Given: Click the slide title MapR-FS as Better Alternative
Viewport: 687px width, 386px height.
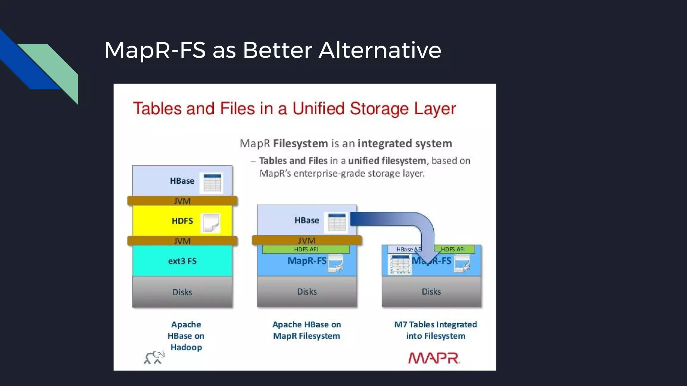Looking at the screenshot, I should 273,50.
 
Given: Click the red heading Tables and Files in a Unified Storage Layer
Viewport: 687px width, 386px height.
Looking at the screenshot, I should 294,109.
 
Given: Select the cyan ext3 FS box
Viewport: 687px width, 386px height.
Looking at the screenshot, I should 182,261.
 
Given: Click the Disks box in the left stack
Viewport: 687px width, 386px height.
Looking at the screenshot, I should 182,292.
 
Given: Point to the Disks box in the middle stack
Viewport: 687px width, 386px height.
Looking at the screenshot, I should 307,292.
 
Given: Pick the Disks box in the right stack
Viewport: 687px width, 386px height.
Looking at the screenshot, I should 431,292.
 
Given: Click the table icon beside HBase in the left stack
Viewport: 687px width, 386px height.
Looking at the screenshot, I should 212,183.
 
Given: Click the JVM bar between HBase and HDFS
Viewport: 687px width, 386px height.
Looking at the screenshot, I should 182,201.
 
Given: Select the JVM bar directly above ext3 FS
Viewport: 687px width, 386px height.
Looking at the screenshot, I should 182,241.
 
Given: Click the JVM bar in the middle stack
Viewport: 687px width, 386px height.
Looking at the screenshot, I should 307,240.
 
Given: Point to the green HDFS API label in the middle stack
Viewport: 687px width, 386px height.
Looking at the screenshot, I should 306,249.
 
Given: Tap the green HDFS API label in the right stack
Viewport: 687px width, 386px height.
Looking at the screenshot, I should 454,249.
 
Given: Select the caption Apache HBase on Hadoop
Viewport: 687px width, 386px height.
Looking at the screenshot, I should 186,336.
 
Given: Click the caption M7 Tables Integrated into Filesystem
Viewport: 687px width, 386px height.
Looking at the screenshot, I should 435,330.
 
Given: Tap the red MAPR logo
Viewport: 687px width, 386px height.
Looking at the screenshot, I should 433,358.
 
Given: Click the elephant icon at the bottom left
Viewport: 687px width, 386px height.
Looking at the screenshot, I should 154,358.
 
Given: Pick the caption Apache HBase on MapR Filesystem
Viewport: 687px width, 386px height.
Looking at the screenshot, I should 307,330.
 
